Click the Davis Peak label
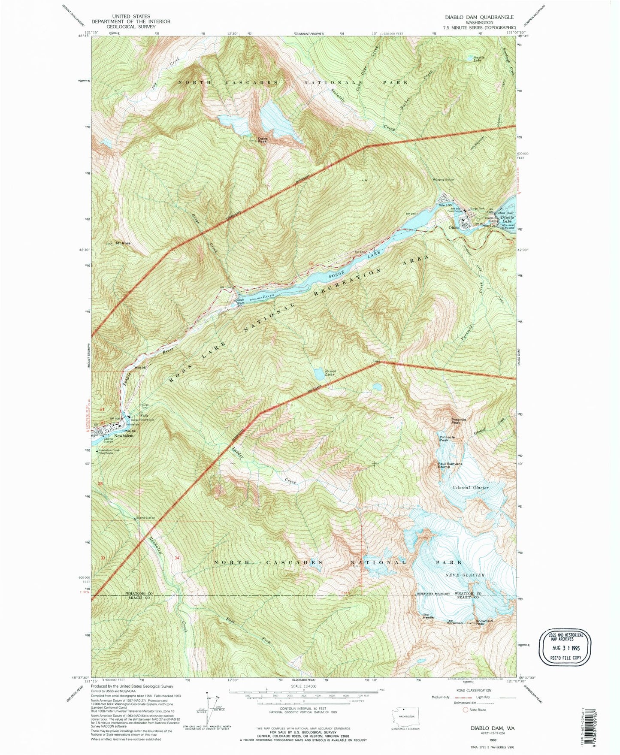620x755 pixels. click(x=263, y=139)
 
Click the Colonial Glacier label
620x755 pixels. click(x=470, y=488)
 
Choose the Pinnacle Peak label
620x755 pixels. click(x=447, y=438)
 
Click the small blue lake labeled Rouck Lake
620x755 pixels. click(x=319, y=374)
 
